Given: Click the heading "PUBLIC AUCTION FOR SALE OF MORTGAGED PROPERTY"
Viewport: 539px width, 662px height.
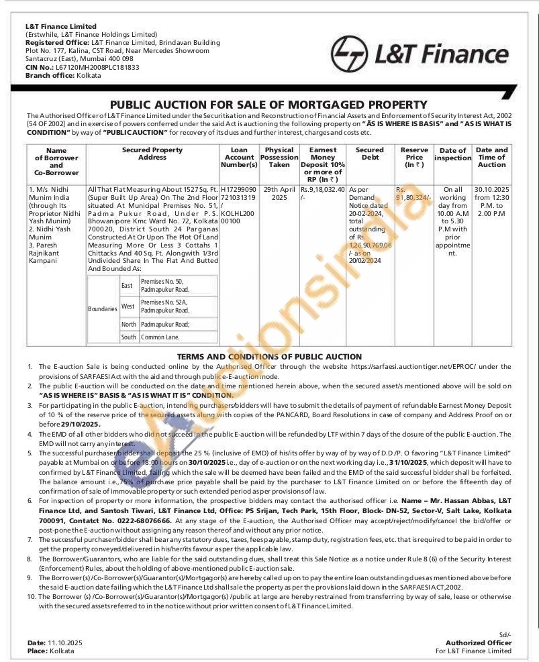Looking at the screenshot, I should coord(268,105).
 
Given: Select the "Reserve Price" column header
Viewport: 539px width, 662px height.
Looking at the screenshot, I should coord(414,158).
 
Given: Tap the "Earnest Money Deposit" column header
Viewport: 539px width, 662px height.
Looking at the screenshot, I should coord(323,161).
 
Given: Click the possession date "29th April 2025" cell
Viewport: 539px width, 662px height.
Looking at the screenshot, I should coord(279,194).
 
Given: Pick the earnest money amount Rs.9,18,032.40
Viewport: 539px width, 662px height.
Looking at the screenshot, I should coord(322,190).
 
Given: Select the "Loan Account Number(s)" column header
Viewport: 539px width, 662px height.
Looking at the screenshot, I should coord(239,158).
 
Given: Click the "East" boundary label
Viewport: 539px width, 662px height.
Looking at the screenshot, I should coord(127,286).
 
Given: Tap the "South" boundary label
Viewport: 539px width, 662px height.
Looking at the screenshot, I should coord(128,337).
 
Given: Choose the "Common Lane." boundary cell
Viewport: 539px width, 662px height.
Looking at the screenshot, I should coord(160,337).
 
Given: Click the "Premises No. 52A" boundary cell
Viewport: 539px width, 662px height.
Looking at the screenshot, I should coord(164,307).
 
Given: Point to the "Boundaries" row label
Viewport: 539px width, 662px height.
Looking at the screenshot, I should coord(103,309).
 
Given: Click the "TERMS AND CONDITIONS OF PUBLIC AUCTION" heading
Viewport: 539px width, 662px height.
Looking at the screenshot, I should coord(269,357).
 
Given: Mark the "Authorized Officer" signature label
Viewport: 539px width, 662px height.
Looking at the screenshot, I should coord(479,643).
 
